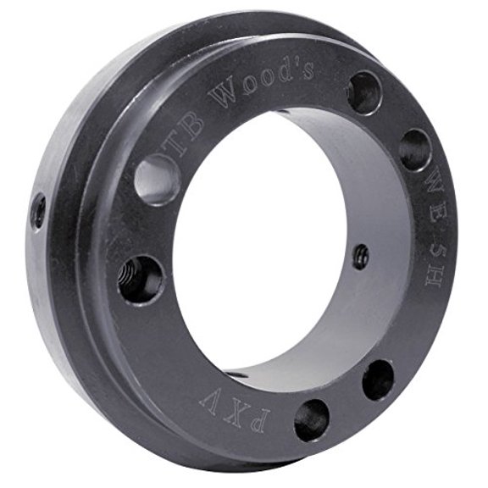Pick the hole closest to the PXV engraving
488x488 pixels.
click(312, 419)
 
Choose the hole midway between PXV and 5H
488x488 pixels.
click(378, 379)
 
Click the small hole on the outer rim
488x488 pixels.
click(38, 211)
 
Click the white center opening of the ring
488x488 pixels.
click(263, 246)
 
